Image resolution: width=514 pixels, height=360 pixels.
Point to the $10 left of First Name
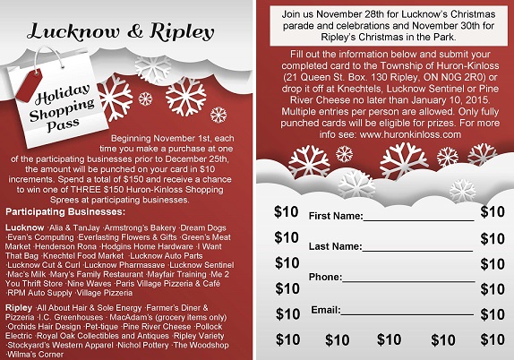[x=287, y=212]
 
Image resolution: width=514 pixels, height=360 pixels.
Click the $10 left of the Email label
[x=287, y=313]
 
